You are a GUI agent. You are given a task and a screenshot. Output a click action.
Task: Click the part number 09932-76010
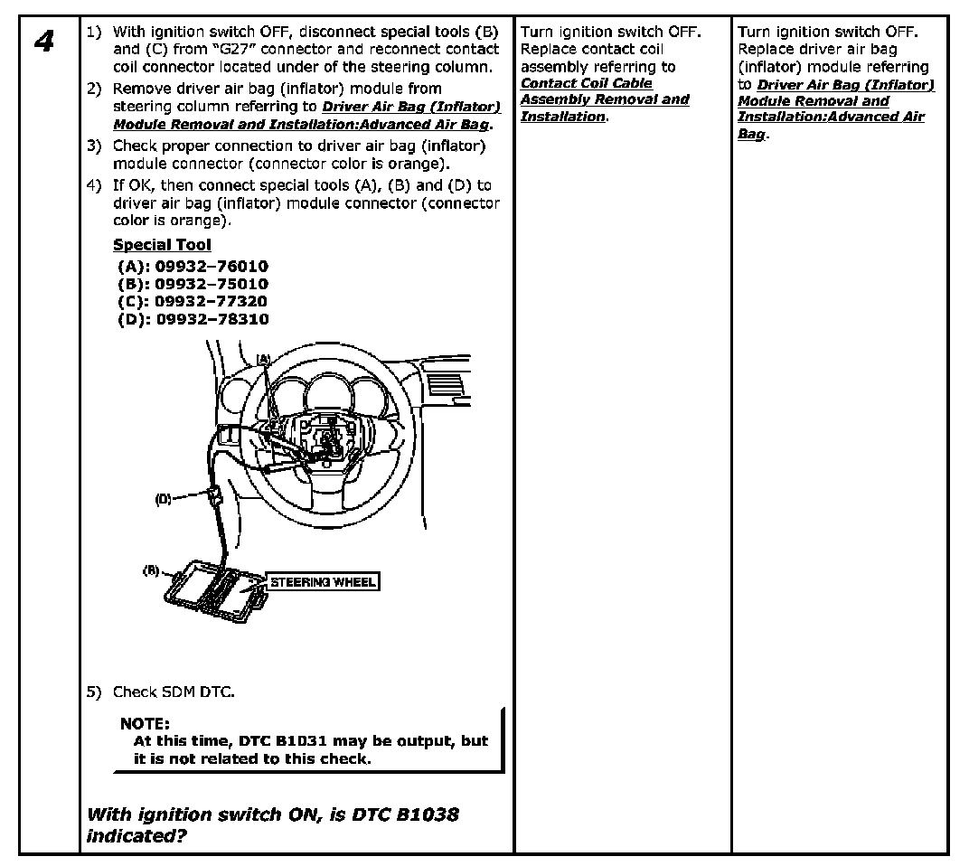click(x=212, y=267)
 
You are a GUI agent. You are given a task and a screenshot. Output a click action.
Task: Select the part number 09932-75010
click(x=212, y=284)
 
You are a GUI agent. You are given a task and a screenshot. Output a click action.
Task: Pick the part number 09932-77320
click(x=212, y=301)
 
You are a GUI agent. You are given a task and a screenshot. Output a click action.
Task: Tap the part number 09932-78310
click(x=212, y=319)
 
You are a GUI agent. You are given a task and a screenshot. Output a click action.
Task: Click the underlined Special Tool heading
click(x=162, y=245)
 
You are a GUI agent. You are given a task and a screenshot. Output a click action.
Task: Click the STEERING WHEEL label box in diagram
click(x=323, y=582)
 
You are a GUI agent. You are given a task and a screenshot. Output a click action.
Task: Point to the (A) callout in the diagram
click(x=263, y=359)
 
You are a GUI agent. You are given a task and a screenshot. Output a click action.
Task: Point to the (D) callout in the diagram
click(x=163, y=498)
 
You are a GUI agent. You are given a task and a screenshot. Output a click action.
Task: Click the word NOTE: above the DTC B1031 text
click(x=145, y=723)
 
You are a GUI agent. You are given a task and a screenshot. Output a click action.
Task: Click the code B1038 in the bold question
click(x=426, y=814)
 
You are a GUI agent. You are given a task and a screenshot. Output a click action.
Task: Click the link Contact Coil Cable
click(x=586, y=83)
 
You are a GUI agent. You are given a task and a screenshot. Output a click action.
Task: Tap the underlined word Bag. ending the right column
click(x=751, y=134)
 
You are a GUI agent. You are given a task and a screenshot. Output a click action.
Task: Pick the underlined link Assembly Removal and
click(x=604, y=99)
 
